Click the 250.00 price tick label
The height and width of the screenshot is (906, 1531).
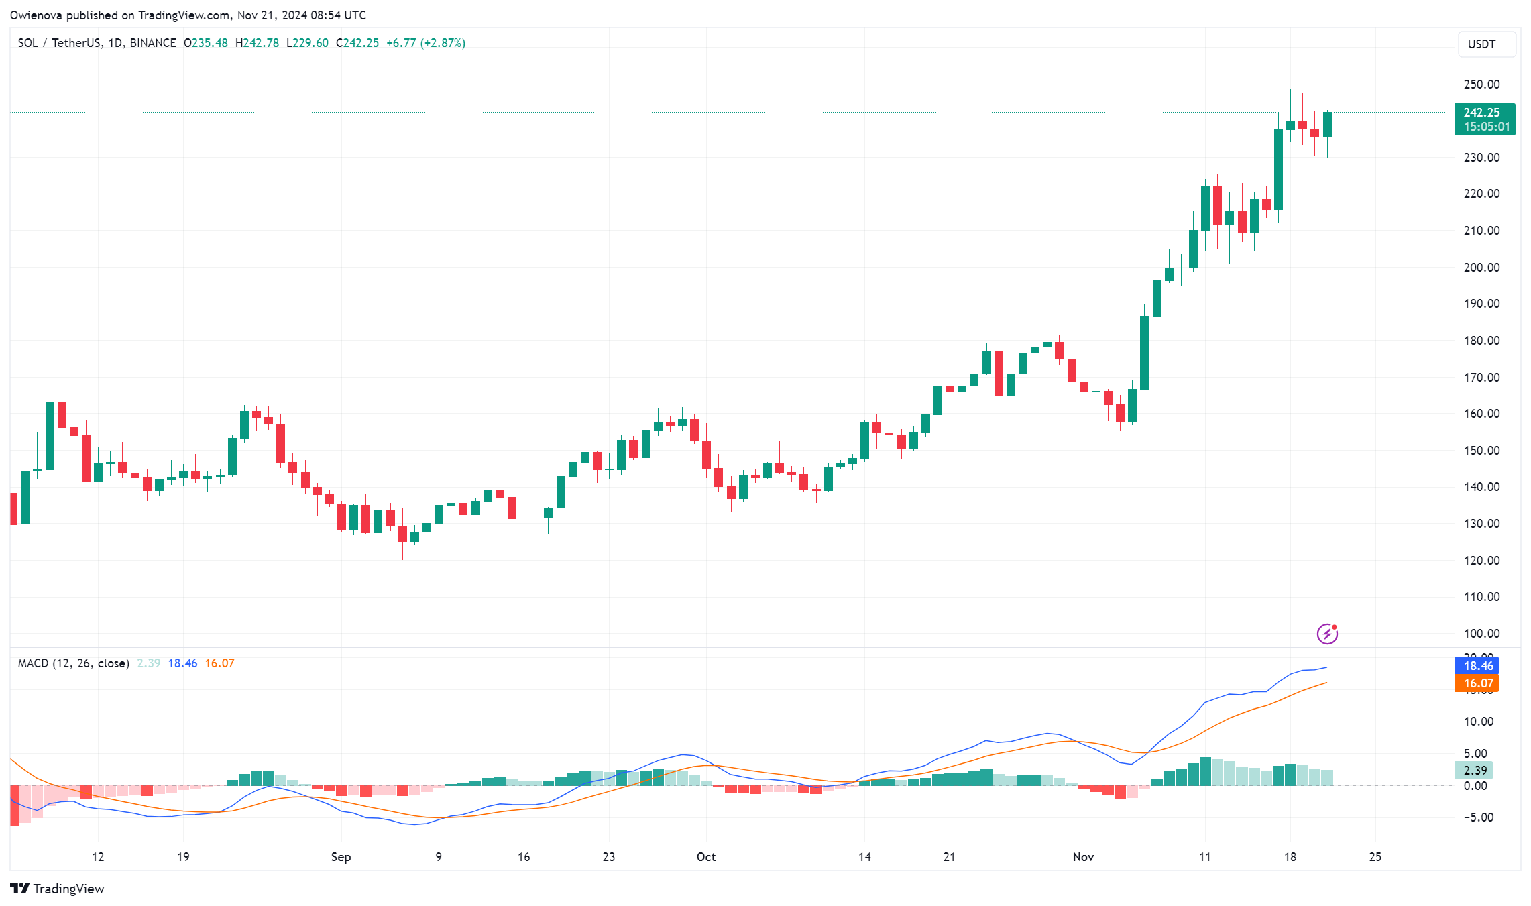pos(1481,84)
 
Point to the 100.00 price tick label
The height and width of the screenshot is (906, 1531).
pos(1481,634)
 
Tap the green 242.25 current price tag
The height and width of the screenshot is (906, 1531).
pos(1484,119)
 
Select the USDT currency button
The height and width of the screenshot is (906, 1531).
pos(1486,44)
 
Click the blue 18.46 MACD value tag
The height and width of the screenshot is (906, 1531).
pos(1477,666)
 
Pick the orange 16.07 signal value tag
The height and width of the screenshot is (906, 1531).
pos(1477,683)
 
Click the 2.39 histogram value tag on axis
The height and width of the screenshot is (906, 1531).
pos(1475,771)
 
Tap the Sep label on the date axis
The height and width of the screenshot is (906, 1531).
pos(341,857)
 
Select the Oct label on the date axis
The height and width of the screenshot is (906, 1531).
pos(705,857)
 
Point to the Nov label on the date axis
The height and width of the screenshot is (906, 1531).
pos(1083,857)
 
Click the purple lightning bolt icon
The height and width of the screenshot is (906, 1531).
pos(1327,634)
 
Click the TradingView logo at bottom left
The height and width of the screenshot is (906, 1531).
pos(58,889)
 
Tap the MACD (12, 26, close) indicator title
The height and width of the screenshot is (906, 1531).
pos(74,663)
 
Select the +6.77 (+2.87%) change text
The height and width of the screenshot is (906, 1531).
pos(426,43)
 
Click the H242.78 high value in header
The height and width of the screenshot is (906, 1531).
pos(257,43)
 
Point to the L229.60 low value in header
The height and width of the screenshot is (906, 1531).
pos(307,43)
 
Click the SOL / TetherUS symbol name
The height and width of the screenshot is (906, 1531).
pos(59,43)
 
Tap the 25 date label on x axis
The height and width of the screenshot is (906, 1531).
pos(1375,857)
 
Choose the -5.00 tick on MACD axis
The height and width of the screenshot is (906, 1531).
pos(1477,817)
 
